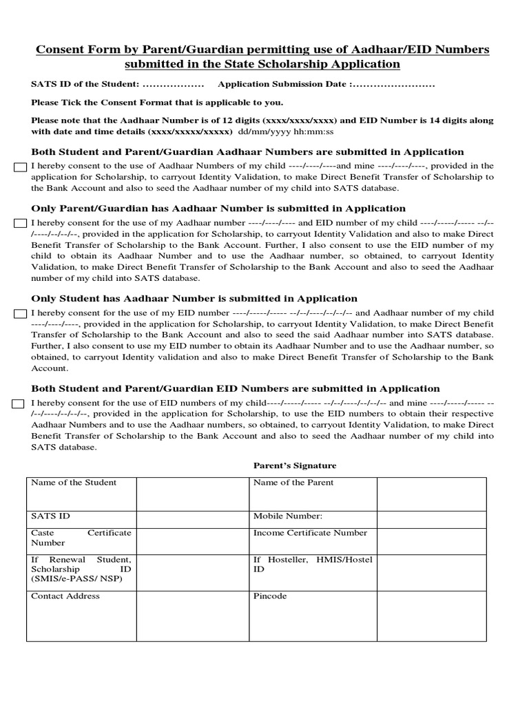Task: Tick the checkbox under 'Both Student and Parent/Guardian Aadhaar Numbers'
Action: click(x=20, y=167)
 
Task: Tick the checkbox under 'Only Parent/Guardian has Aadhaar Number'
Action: click(x=20, y=223)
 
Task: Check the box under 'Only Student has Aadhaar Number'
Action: click(x=20, y=314)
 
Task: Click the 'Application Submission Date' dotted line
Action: click(x=392, y=85)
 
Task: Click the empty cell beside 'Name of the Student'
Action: click(x=192, y=494)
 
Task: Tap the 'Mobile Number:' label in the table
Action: click(x=288, y=516)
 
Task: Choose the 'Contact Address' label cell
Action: click(x=65, y=596)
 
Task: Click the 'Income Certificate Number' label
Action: click(x=311, y=533)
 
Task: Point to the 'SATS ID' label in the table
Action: click(x=50, y=516)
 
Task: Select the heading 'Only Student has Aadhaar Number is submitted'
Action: click(x=194, y=298)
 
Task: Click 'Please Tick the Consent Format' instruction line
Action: click(x=157, y=103)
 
